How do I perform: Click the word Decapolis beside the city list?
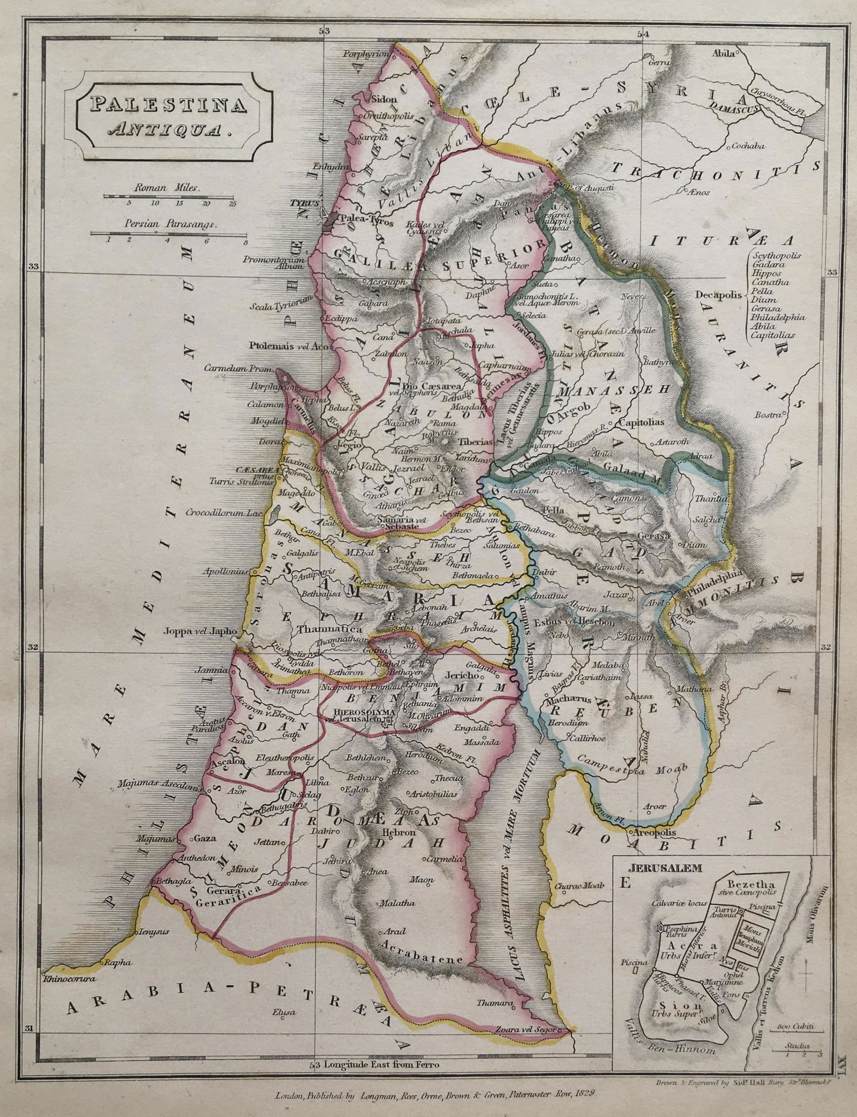click(x=717, y=294)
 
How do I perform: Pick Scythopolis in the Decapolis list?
click(x=776, y=256)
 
